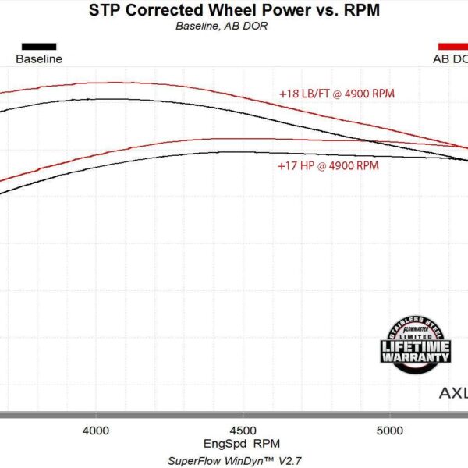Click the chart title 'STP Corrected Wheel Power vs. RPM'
click(234, 10)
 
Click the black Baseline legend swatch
click(39, 46)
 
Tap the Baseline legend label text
click(39, 58)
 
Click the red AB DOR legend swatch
click(453, 46)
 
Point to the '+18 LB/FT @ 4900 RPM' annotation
click(338, 94)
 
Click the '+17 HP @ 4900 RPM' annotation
click(328, 166)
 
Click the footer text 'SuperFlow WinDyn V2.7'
click(235, 460)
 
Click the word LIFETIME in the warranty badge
click(416, 346)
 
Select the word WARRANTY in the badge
click(416, 357)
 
